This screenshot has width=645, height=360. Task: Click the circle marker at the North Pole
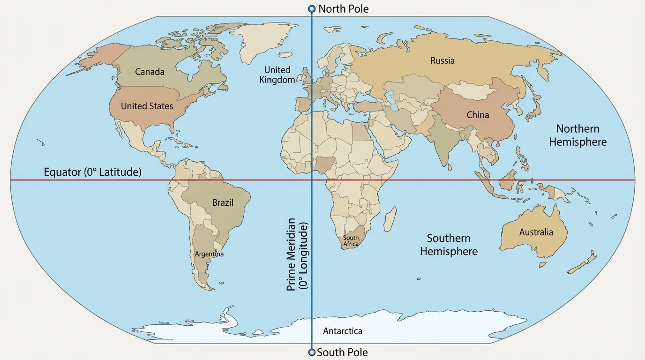[x=312, y=9]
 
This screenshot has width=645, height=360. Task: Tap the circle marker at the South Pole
[x=311, y=352]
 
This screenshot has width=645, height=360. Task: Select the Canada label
[x=150, y=72]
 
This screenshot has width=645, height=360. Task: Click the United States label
[x=147, y=106]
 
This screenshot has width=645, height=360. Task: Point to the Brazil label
[x=223, y=202]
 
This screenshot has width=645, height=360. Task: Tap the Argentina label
[x=209, y=254]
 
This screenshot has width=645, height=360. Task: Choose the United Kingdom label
[x=277, y=75]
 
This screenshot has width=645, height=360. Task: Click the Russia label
[x=442, y=60]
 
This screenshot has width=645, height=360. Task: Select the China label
[x=478, y=115]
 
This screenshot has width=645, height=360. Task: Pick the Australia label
[x=536, y=232]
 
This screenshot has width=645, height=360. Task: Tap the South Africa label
[x=351, y=241]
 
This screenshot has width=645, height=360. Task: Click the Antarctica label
[x=342, y=331]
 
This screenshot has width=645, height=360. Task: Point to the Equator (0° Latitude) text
[x=92, y=172]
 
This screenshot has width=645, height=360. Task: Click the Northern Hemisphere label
[x=577, y=135]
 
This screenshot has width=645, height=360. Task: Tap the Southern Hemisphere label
[x=449, y=245]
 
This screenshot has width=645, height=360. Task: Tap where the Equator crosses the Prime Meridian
[x=312, y=180]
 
